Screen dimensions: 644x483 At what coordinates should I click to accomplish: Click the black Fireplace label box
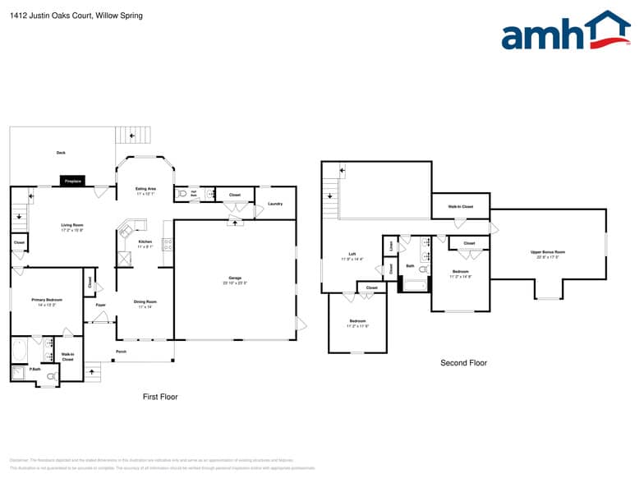coord(72,181)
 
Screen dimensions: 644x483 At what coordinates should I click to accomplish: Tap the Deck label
coord(61,153)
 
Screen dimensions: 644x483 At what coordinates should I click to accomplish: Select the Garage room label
coord(235,280)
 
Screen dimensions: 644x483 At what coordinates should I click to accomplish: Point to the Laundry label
coord(275,204)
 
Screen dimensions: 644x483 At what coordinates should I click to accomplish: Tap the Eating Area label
coord(145,191)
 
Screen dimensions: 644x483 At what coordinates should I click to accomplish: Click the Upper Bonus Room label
coord(548,254)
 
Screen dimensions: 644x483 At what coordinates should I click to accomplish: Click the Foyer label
coord(101,305)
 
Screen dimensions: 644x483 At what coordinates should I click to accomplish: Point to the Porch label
coord(121,352)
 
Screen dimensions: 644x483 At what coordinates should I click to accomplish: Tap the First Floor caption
coord(160,397)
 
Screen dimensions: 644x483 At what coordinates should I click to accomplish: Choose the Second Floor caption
coord(463,362)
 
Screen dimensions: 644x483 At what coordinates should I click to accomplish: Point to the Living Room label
coord(72,227)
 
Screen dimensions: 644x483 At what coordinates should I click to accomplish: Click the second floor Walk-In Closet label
coord(460,206)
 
